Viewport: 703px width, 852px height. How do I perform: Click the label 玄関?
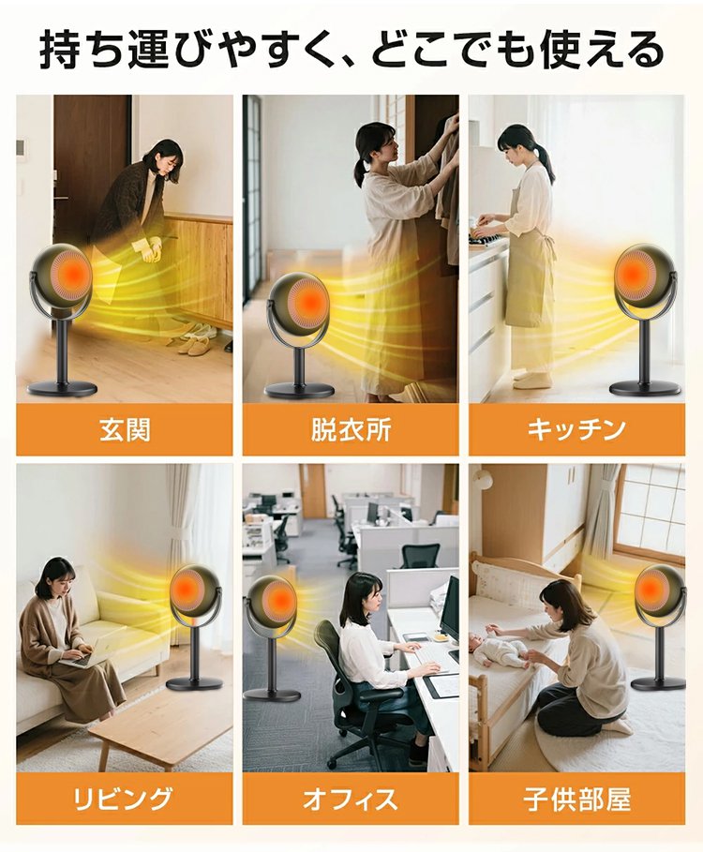click(125, 430)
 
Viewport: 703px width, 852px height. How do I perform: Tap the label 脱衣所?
click(351, 430)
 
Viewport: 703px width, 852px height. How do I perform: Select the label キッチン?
click(576, 430)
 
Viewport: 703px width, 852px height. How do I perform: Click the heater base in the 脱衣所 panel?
click(299, 389)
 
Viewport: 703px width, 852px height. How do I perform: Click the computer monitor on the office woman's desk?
click(450, 608)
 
